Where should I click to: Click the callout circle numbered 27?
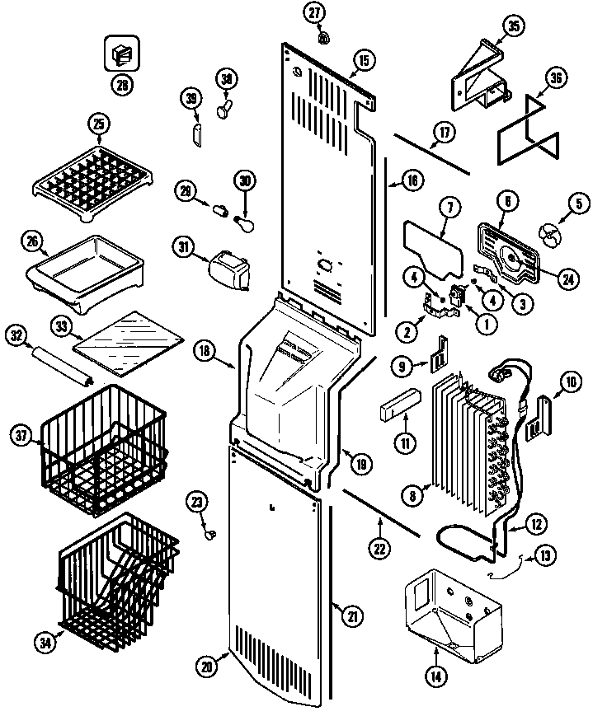coord(316,12)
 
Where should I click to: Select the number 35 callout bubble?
coord(513,26)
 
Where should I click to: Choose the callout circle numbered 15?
coord(363,59)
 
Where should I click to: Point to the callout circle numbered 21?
coord(352,613)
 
